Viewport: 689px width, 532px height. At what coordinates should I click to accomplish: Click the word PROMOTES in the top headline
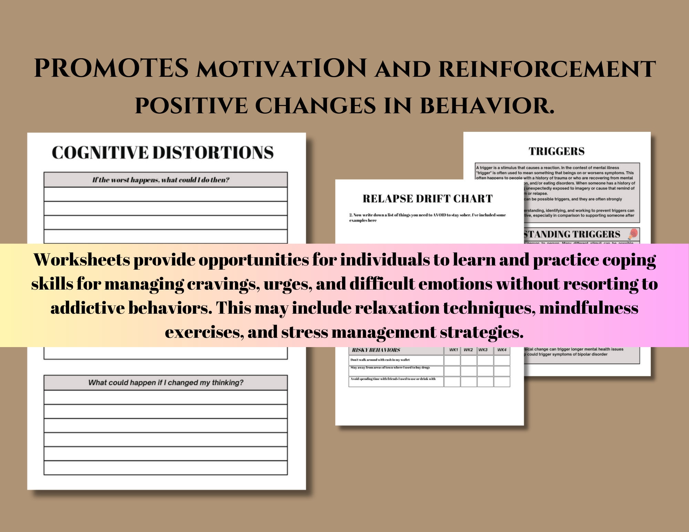pyautogui.click(x=111, y=68)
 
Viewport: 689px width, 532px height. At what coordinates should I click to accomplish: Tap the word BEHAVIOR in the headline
pyautogui.click(x=487, y=105)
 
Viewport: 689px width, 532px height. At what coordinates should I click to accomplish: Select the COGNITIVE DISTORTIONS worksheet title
pyautogui.click(x=163, y=153)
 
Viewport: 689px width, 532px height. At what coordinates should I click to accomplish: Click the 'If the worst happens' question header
pyautogui.click(x=161, y=180)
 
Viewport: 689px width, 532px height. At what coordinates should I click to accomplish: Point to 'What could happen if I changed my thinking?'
pyautogui.click(x=166, y=383)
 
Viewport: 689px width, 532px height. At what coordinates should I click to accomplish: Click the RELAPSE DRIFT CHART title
pyautogui.click(x=428, y=199)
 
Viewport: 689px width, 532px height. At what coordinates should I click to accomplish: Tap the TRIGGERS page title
pyautogui.click(x=556, y=151)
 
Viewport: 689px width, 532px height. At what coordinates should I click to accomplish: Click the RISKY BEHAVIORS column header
pyautogui.click(x=376, y=350)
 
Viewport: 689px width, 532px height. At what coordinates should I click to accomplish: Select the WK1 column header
pyautogui.click(x=453, y=350)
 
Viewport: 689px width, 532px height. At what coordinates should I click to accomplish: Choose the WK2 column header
pyautogui.click(x=468, y=350)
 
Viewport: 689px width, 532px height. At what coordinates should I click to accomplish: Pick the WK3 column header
pyautogui.click(x=483, y=350)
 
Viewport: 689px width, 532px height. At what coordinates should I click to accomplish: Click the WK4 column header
pyautogui.click(x=502, y=350)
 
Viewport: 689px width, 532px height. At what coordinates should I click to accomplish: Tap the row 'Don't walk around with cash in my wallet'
pyautogui.click(x=380, y=360)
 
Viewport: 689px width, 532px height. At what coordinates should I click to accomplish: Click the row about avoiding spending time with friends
pyautogui.click(x=393, y=379)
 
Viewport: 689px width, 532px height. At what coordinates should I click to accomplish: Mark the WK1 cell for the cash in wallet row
pyautogui.click(x=452, y=360)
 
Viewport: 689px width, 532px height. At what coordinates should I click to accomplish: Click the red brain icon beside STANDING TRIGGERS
pyautogui.click(x=633, y=234)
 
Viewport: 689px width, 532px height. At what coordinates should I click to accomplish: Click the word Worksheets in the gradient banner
pyautogui.click(x=82, y=260)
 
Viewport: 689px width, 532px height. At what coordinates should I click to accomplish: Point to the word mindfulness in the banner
pyautogui.click(x=588, y=308)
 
